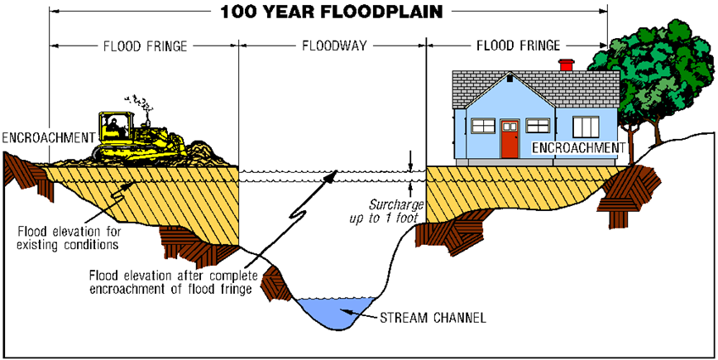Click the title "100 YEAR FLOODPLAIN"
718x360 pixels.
[x=329, y=12]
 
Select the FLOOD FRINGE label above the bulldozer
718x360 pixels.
[x=144, y=44]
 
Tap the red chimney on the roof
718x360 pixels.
[x=567, y=66]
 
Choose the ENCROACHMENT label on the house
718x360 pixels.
[x=577, y=147]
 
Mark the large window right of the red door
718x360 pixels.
[x=586, y=127]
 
